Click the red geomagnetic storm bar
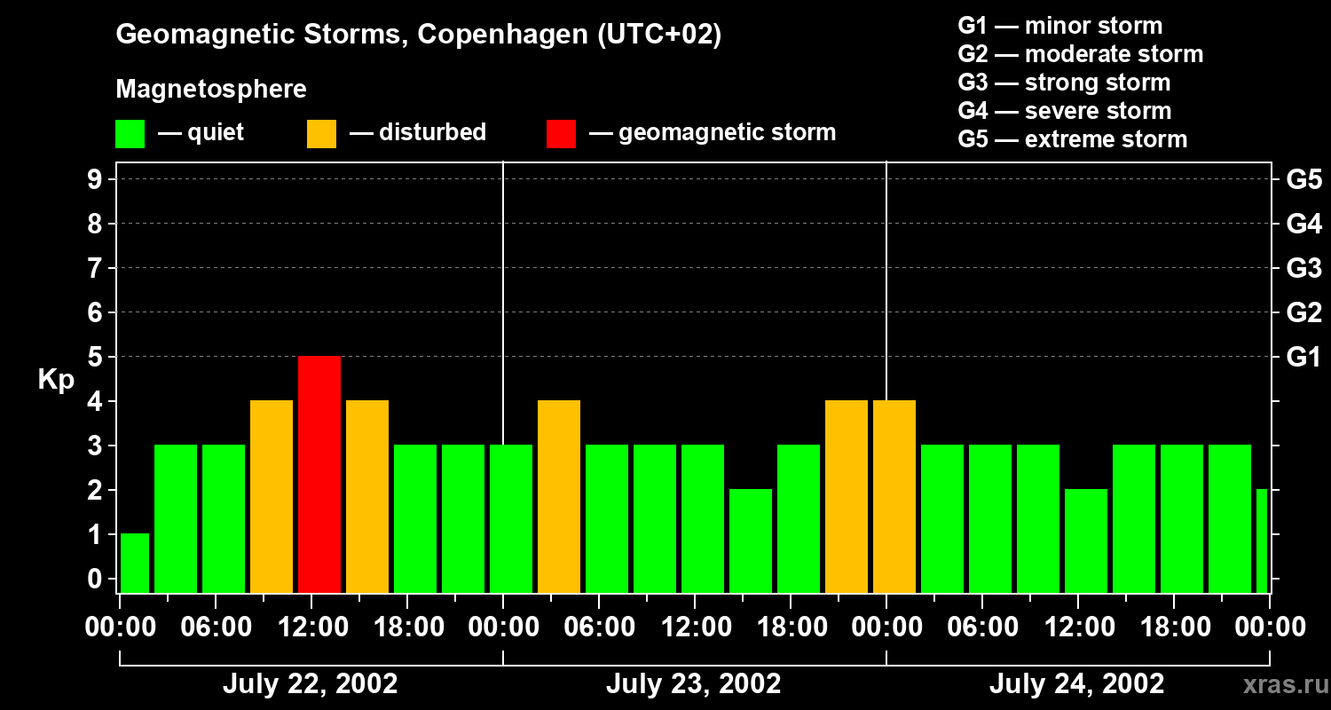(319, 474)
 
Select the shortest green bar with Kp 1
(135, 563)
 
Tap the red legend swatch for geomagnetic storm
(561, 133)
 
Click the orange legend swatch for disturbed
(321, 133)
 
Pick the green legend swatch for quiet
(130, 133)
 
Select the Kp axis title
(57, 380)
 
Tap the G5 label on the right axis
(1303, 180)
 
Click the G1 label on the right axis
(1303, 358)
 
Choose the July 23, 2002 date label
(693, 684)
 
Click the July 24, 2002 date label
(1076, 684)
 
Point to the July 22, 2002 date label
(310, 684)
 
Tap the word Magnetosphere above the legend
(211, 90)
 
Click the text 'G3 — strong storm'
(1064, 83)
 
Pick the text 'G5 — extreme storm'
(1072, 139)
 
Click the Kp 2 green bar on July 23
(751, 540)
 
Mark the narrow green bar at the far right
(1262, 540)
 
